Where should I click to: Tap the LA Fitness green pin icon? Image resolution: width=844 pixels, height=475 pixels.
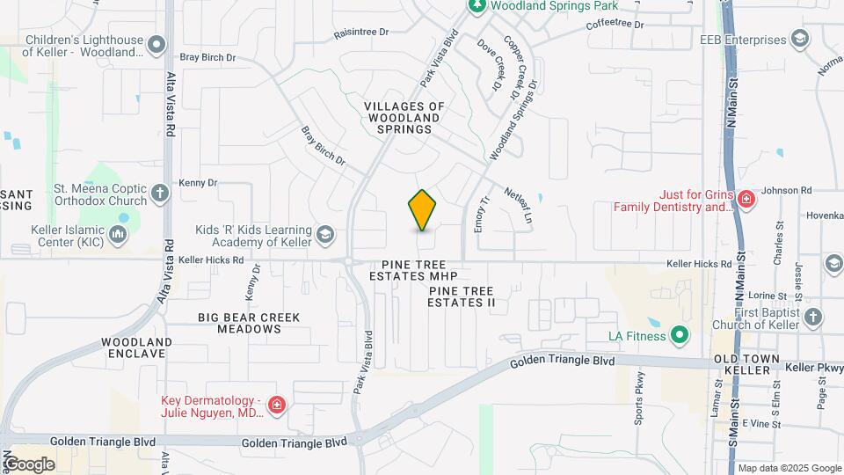[x=679, y=335]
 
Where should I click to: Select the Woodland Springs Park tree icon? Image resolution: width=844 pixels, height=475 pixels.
[x=477, y=6]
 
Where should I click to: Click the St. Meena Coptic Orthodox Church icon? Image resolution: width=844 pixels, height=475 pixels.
[x=159, y=193]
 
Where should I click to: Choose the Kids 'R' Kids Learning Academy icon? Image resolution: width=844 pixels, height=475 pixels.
[x=325, y=234]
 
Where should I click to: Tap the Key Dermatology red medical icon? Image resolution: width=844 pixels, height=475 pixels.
[x=277, y=405]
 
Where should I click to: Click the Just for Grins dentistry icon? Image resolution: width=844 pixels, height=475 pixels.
[x=746, y=199]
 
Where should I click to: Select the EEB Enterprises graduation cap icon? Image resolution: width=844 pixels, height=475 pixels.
[x=799, y=40]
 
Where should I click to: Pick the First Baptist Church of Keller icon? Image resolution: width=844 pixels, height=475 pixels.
[x=813, y=317]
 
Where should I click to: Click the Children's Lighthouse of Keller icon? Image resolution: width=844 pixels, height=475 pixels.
[x=156, y=44]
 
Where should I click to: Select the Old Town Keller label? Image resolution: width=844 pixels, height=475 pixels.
[x=743, y=364]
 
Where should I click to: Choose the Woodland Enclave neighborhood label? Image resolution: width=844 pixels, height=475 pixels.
[x=135, y=347]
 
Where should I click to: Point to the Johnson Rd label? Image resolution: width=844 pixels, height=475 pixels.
[x=786, y=190]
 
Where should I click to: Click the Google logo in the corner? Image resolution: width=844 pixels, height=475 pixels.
[x=29, y=464]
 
